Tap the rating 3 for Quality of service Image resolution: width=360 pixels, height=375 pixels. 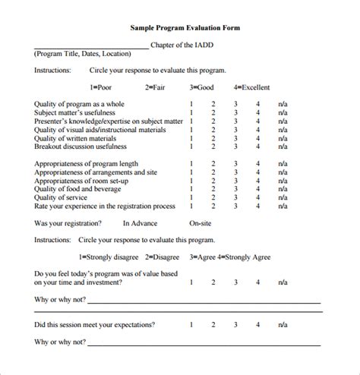click(235, 197)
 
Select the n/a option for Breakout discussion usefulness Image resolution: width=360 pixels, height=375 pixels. click(283, 147)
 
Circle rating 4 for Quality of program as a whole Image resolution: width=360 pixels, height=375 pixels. click(258, 103)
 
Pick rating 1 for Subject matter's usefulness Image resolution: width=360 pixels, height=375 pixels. click(191, 112)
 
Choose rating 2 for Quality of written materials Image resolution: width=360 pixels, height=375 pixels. click(213, 138)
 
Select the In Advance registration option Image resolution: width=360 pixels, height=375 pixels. click(140, 223)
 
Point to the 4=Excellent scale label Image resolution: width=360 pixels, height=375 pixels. click(252, 87)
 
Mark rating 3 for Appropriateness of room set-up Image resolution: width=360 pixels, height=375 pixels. click(235, 181)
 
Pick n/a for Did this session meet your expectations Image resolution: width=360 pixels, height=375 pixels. click(283, 325)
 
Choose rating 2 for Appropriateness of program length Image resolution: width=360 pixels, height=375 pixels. click(213, 164)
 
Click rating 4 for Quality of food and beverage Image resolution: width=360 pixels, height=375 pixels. click(258, 189)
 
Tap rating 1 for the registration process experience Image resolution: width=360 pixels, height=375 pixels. click(191, 206)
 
